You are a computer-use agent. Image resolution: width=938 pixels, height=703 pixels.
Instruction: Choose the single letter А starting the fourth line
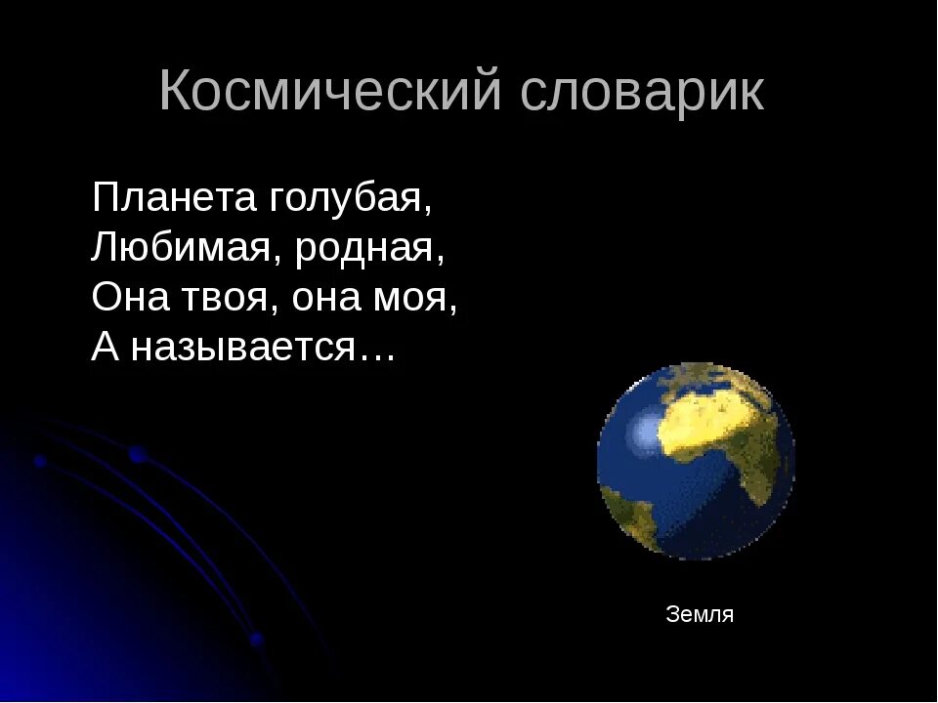coord(104,347)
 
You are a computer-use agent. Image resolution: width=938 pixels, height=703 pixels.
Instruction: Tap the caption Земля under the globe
coord(700,615)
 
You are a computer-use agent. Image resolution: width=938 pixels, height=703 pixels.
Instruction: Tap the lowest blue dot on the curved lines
coord(256,640)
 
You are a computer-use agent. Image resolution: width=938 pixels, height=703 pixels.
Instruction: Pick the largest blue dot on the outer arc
coord(138,454)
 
